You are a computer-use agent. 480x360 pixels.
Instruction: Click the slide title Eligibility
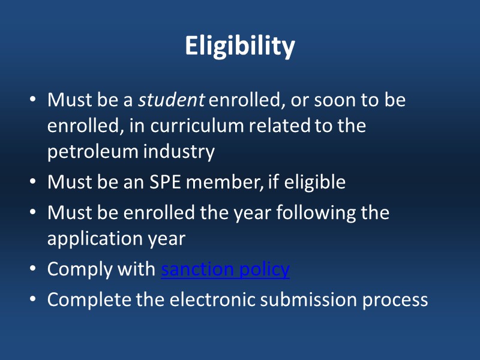point(240,46)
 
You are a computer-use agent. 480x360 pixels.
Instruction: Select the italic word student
point(172,100)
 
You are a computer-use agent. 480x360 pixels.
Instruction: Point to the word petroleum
point(92,152)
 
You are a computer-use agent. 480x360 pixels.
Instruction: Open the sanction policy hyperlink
point(226,269)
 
